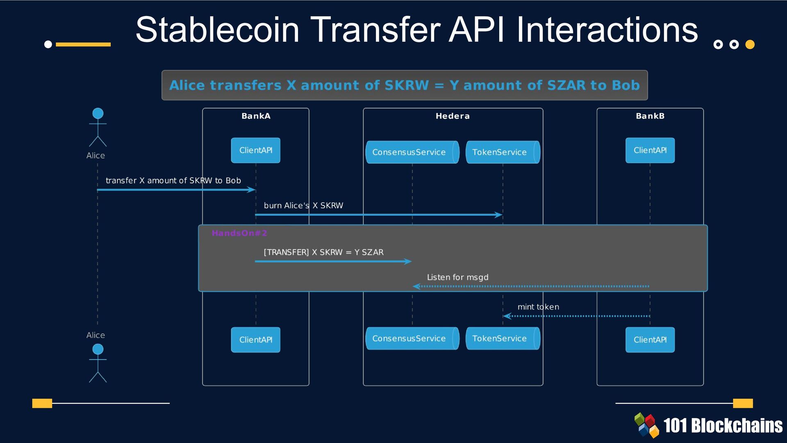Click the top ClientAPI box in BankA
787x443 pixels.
(x=255, y=150)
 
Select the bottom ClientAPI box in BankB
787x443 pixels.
(x=650, y=340)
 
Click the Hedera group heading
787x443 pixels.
(x=453, y=116)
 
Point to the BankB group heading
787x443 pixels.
(x=650, y=116)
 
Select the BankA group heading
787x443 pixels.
(x=256, y=116)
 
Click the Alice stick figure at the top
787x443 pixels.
(x=98, y=127)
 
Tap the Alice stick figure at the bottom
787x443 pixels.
(x=98, y=363)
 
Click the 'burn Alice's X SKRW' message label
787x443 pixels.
(x=303, y=206)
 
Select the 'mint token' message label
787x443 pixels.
(x=538, y=307)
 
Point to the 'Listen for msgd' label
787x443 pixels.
(x=457, y=277)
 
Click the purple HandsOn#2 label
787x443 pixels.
(x=239, y=233)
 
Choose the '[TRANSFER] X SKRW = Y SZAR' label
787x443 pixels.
(x=323, y=252)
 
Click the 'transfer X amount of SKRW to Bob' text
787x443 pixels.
(x=173, y=180)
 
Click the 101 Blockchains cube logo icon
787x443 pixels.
(x=646, y=425)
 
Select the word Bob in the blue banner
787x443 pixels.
(x=626, y=85)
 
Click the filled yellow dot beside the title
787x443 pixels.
(x=750, y=44)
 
